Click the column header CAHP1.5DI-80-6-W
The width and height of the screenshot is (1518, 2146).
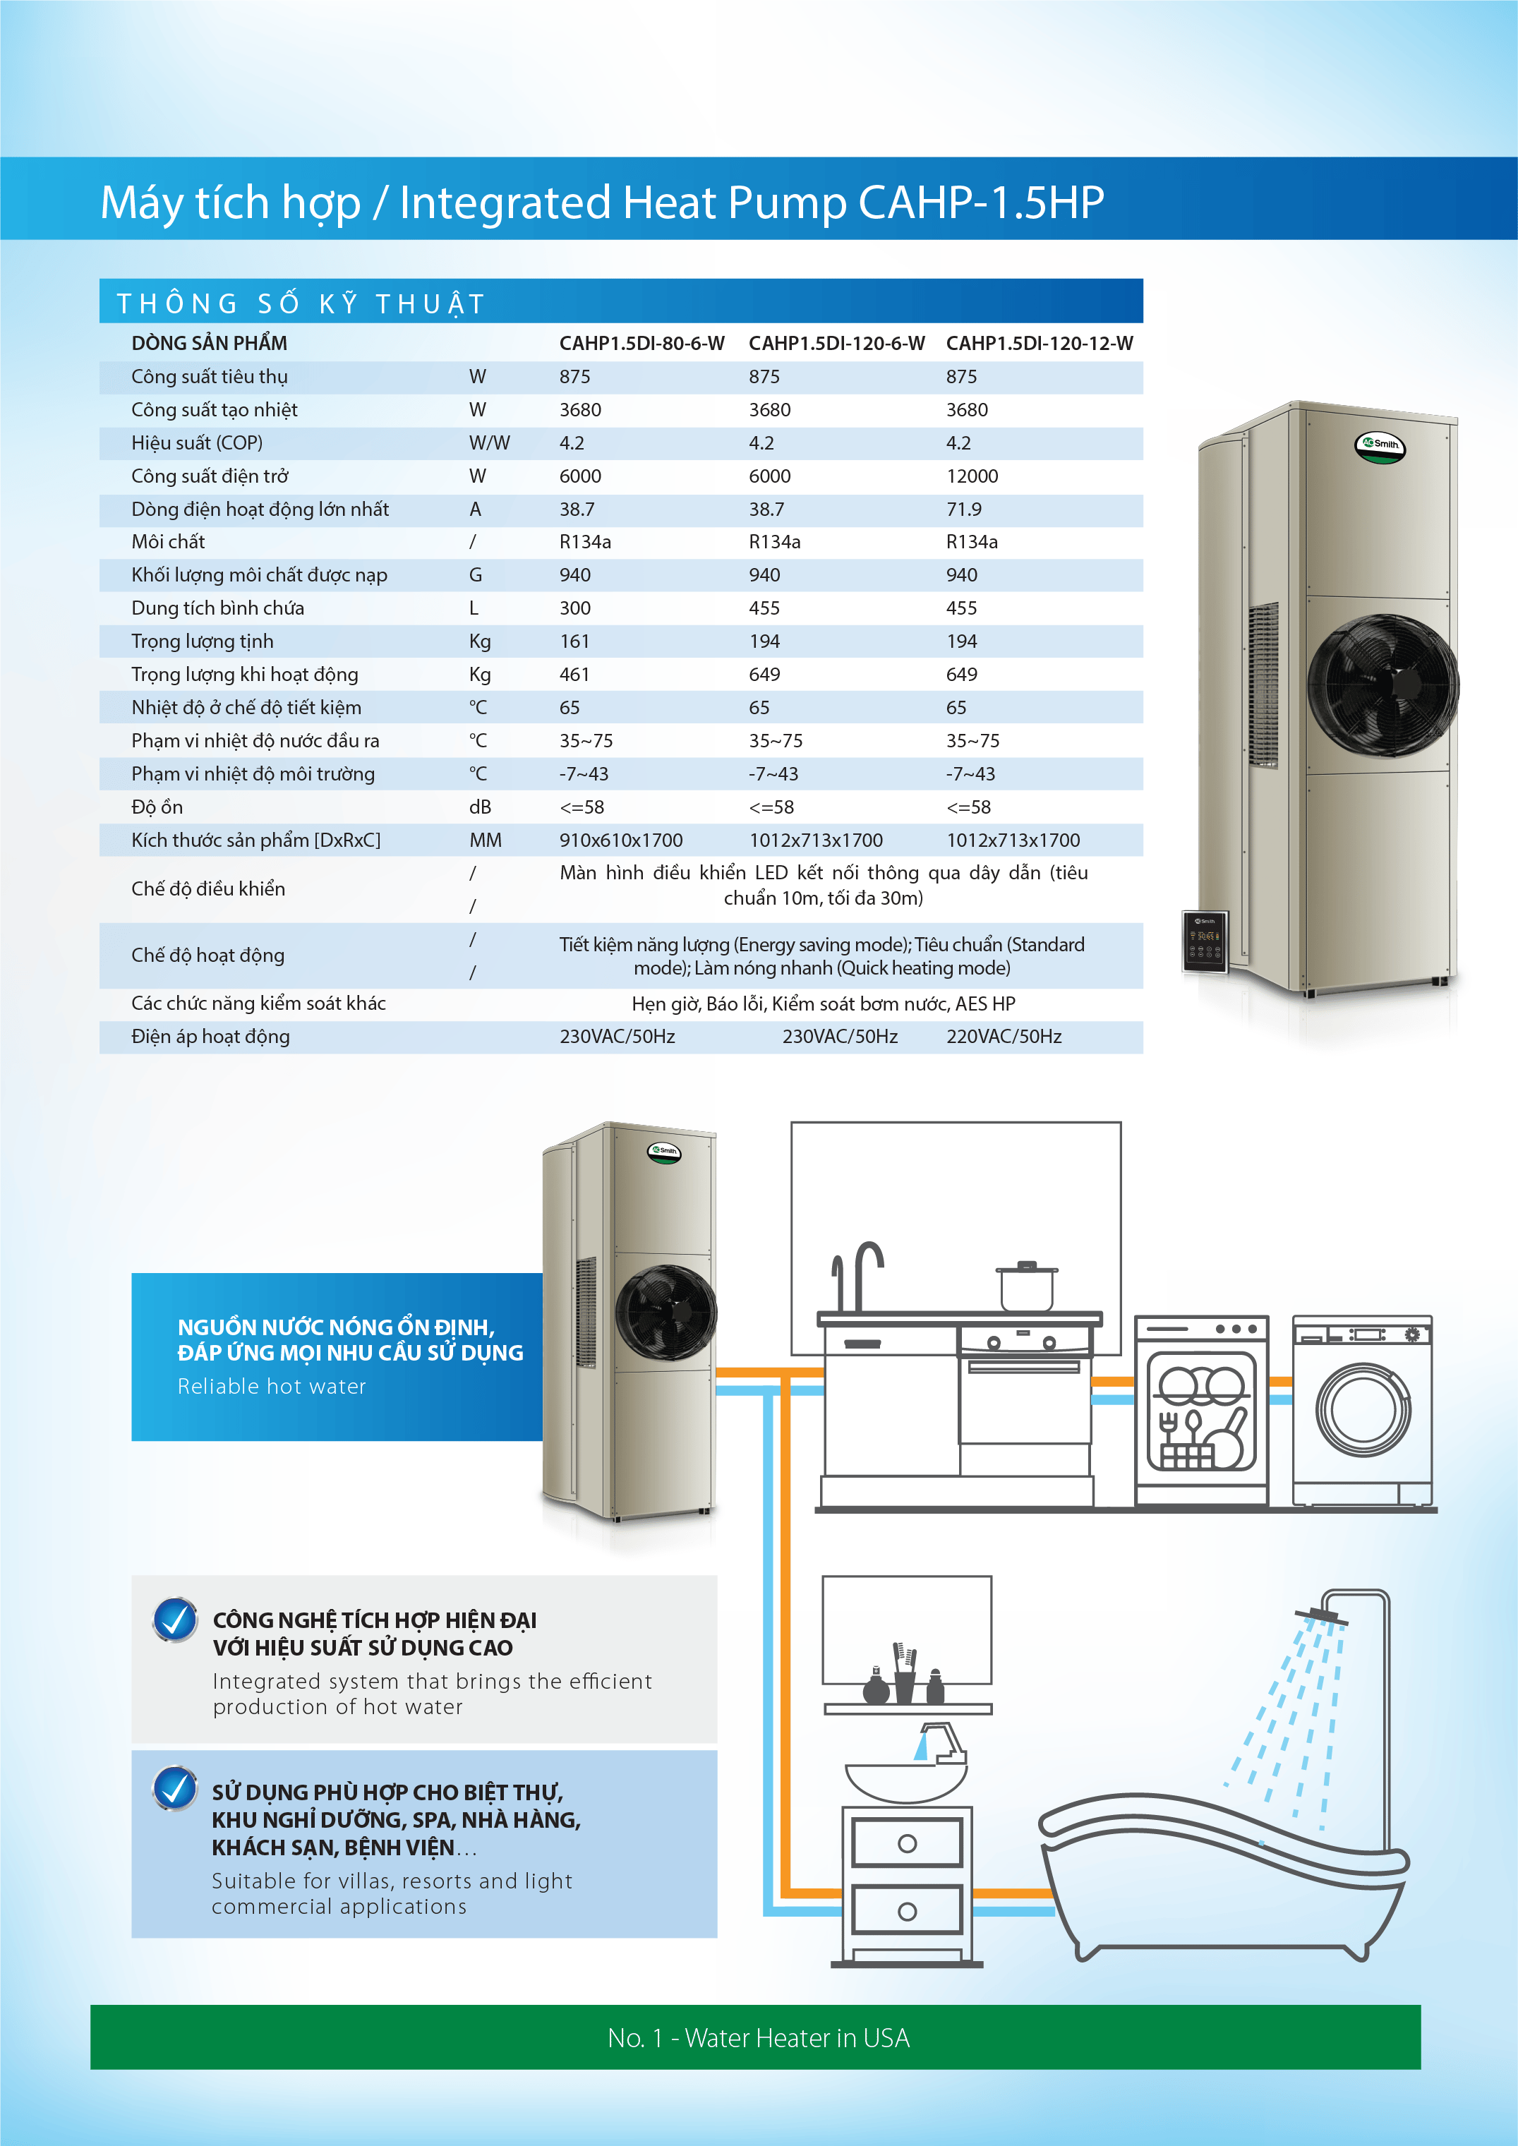point(641,343)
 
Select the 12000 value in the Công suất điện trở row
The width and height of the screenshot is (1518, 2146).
point(971,476)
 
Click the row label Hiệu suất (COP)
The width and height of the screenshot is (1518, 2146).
point(196,443)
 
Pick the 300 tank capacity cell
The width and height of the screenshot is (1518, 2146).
point(575,608)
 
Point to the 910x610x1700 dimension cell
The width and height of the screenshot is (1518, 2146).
point(620,840)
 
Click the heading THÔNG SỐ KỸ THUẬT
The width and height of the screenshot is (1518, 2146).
point(301,303)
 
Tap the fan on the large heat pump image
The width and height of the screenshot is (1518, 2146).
point(1383,685)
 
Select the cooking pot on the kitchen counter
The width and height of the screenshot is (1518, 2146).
point(1026,1287)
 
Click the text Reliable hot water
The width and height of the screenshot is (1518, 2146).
point(271,1387)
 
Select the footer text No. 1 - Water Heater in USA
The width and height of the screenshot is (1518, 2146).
point(758,2037)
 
